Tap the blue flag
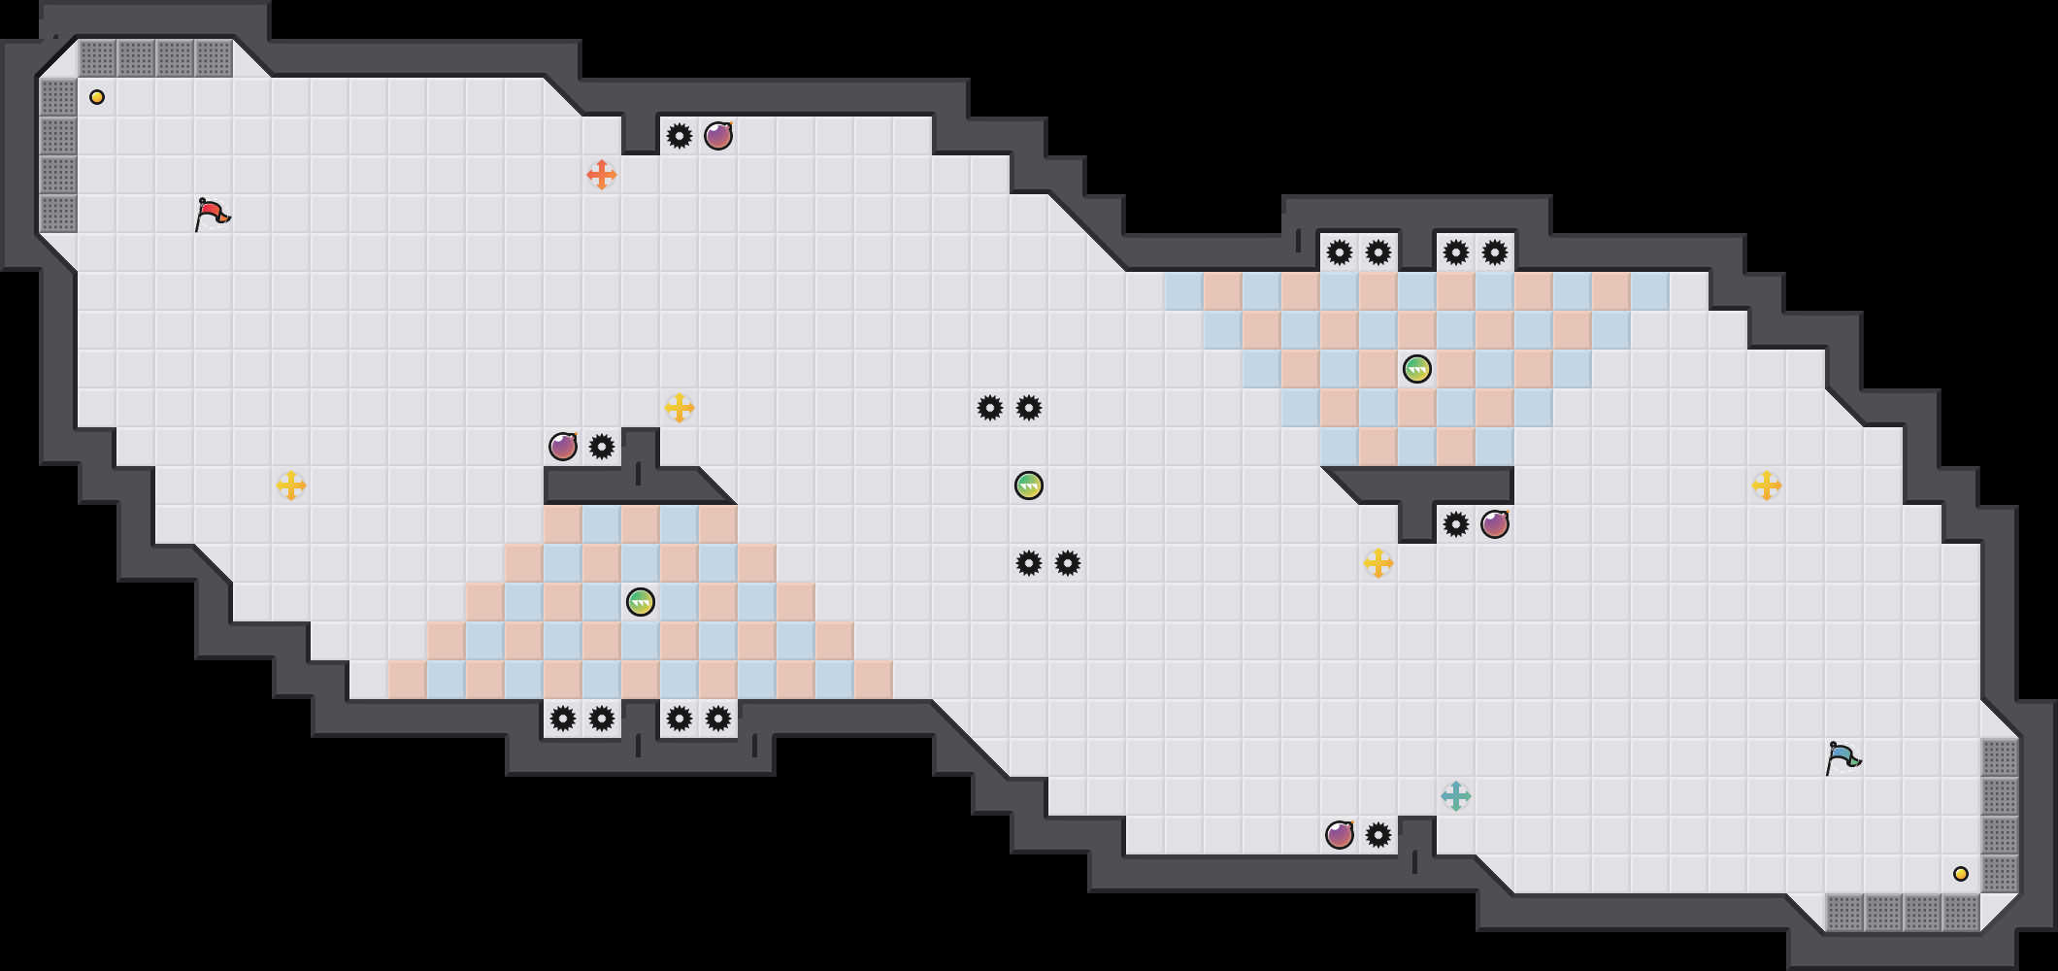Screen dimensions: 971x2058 point(1842,757)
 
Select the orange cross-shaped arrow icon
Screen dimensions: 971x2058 point(602,175)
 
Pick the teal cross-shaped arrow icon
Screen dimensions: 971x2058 point(1456,796)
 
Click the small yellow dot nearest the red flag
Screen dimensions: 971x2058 point(97,97)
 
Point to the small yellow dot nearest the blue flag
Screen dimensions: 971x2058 point(1961,874)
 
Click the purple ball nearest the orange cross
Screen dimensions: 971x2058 point(718,136)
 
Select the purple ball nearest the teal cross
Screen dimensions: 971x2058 point(1340,835)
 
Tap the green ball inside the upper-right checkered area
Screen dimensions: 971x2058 point(1417,369)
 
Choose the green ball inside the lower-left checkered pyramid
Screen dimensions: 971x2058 point(641,602)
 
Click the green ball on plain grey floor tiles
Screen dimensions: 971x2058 point(1029,485)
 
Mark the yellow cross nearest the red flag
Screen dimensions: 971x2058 point(291,485)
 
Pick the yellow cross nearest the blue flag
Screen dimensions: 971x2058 point(1767,485)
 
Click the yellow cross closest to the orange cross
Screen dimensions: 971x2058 point(680,408)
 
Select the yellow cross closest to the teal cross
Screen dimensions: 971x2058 point(1378,563)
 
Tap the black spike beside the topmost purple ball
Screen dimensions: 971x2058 point(680,136)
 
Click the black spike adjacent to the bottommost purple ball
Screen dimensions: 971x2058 point(1378,835)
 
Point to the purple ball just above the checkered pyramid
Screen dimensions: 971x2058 point(563,447)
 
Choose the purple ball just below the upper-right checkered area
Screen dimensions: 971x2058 point(1495,524)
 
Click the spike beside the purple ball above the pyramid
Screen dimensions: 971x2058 point(602,447)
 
